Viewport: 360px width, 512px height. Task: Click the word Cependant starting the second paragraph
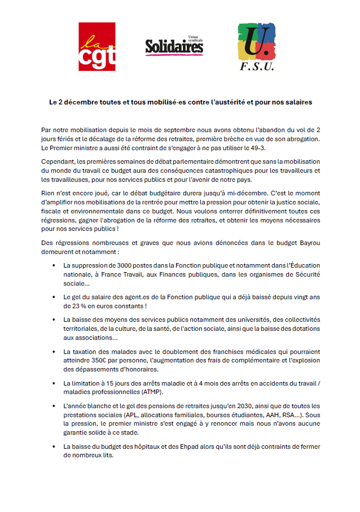[x=58, y=161]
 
